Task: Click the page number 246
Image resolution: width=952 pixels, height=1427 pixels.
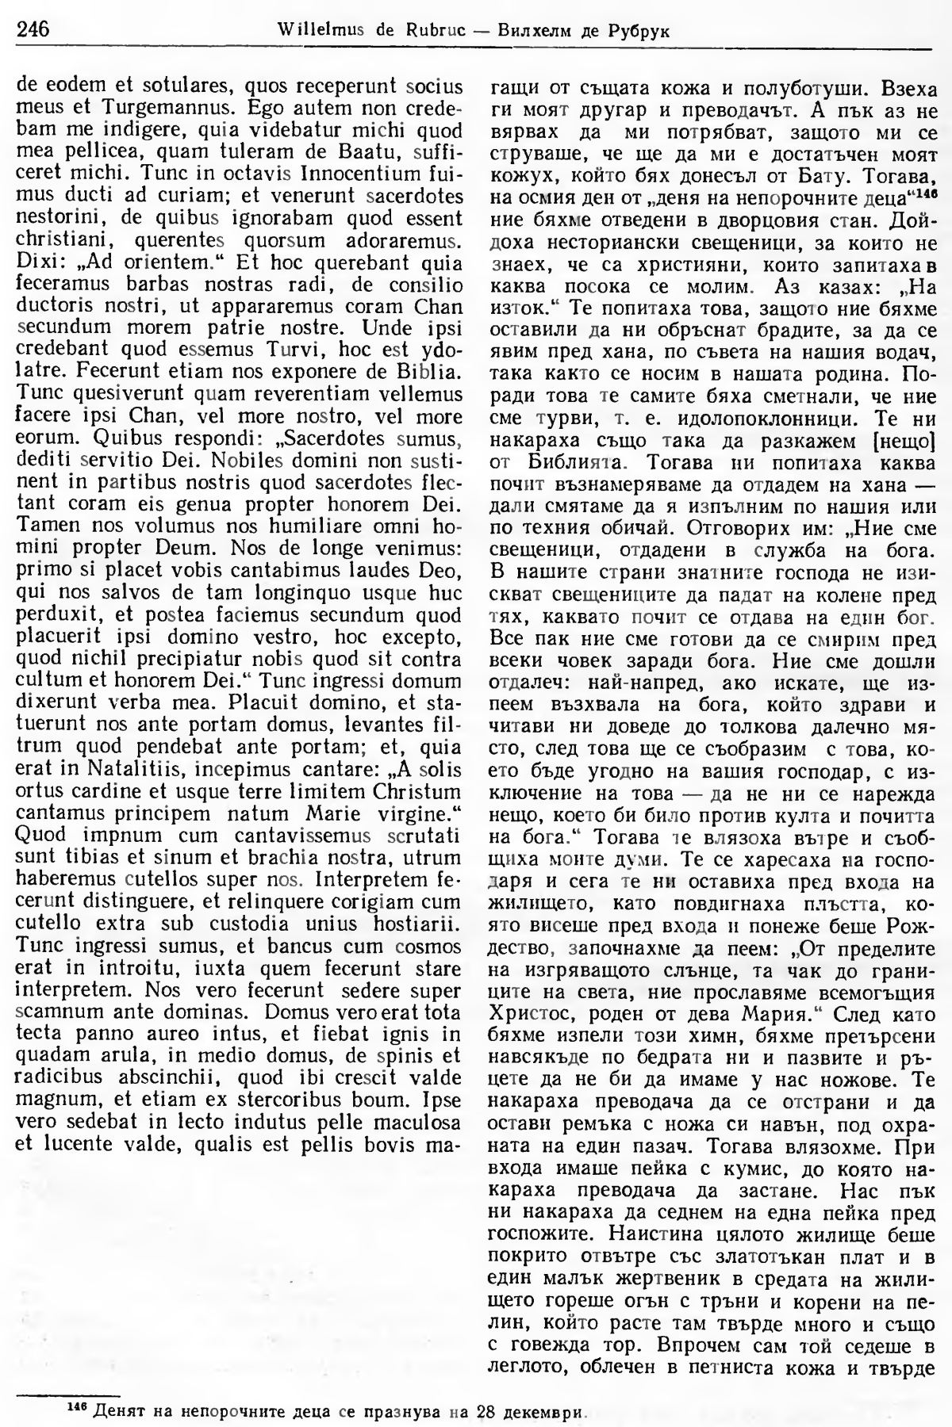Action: point(33,30)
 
